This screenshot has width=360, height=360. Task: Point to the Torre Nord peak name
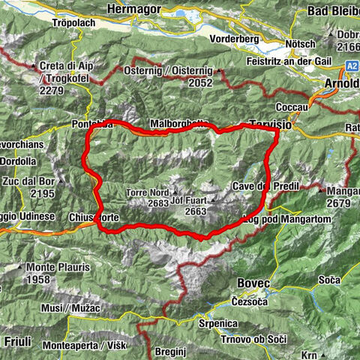coord(149,192)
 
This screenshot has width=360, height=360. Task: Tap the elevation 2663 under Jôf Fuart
coord(194,212)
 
